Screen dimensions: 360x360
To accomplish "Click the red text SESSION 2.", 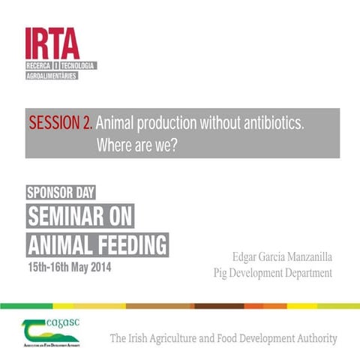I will pyautogui.click(x=61, y=123).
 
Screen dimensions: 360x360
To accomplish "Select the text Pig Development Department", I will pyautogui.click(x=272, y=273).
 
